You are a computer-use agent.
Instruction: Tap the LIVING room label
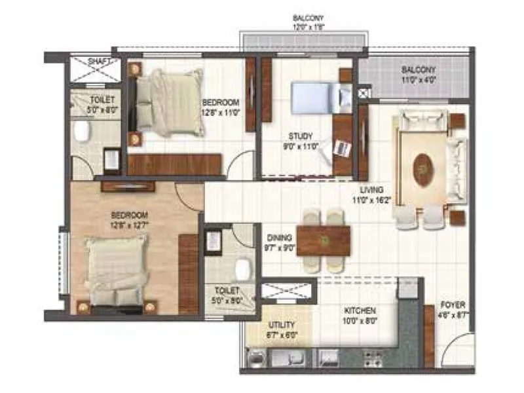point(371,195)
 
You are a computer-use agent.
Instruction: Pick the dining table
point(323,240)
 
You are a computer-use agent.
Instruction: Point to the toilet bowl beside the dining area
point(243,267)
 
